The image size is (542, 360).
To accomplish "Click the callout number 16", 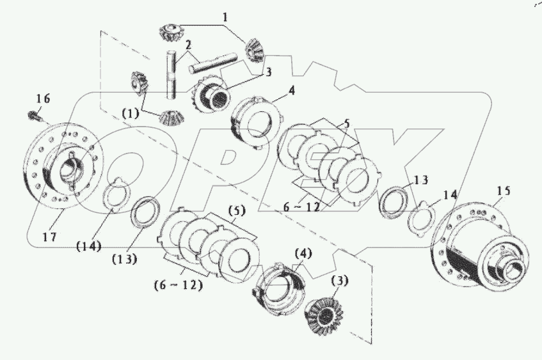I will [x=42, y=99].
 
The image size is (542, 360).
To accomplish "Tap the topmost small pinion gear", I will [x=171, y=30].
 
